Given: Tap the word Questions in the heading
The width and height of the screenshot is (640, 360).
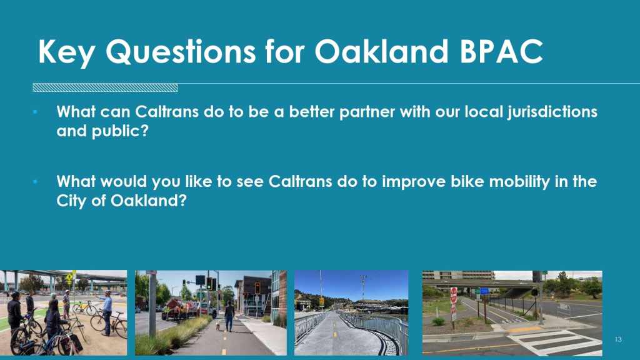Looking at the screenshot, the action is pos(181,52).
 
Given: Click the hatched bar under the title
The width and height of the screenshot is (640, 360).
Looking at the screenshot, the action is pos(105,87).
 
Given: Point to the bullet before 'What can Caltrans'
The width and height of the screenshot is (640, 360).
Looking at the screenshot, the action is pos(35,112).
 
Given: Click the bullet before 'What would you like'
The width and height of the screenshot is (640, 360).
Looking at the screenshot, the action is pos(35,182).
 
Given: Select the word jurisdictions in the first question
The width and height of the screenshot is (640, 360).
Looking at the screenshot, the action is pos(552,112).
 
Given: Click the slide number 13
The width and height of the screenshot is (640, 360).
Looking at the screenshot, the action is pos(618,339).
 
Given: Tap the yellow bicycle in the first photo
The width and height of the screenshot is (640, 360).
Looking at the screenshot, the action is pos(84,307).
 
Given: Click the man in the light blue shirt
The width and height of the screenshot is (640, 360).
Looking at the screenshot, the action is pos(107,312).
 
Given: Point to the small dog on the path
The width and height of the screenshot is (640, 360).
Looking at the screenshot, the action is pos(217,326).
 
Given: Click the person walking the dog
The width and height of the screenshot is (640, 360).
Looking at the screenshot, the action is pos(229,316).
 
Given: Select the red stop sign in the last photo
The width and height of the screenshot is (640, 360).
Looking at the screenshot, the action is pos(454,296).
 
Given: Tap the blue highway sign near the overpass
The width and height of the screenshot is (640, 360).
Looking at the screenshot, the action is pos(484,291).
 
